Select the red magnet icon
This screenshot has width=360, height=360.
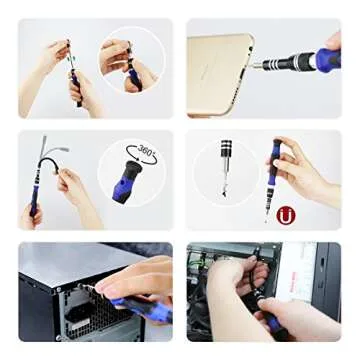click(x=286, y=214)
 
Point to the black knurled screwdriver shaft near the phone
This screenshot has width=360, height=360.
click(x=290, y=62)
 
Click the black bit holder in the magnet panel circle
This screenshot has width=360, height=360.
click(x=225, y=155)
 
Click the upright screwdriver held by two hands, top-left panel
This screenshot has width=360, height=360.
click(x=73, y=75)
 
